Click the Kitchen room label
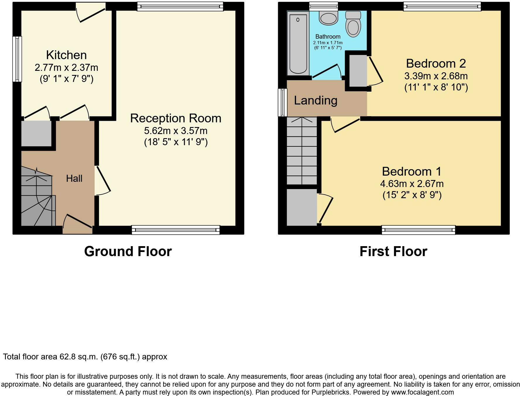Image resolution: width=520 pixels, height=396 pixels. (x=66, y=55)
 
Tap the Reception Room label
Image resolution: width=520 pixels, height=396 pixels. (x=176, y=118)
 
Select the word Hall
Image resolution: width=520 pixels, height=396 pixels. (x=74, y=178)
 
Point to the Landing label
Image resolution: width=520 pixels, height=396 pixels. (x=316, y=100)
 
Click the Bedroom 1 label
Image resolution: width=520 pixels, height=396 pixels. (x=412, y=171)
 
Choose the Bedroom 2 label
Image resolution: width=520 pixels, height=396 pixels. (x=436, y=63)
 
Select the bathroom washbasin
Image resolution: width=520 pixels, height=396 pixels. (x=329, y=18)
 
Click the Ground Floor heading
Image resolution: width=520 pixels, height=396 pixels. (x=128, y=251)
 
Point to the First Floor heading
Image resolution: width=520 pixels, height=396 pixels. (x=393, y=251)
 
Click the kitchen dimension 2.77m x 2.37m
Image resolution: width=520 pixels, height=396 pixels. (x=66, y=68)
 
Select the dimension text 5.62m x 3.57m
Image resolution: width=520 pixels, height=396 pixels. (x=176, y=131)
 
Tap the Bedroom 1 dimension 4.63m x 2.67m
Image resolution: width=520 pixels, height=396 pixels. (x=412, y=184)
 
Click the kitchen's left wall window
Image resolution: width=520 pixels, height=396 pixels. (x=17, y=59)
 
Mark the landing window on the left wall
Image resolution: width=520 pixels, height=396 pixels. (x=283, y=102)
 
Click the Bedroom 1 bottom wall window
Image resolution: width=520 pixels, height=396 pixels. (x=418, y=230)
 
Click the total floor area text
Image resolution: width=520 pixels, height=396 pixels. (x=85, y=357)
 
